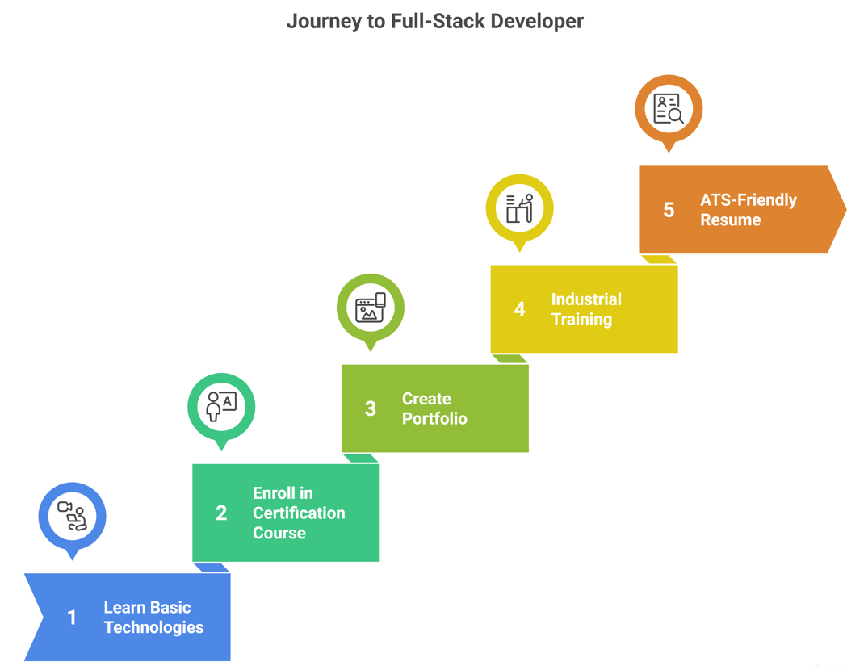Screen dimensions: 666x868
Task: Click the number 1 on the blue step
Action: [x=72, y=618]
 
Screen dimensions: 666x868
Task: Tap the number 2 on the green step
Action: [x=221, y=513]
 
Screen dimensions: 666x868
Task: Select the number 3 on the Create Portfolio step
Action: [x=370, y=408]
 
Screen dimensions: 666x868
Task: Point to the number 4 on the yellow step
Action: [x=519, y=309]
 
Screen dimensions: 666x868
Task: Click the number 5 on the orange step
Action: [x=669, y=210]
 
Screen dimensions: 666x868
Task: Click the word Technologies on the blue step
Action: [x=153, y=627]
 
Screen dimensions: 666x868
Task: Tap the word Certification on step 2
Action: [x=299, y=513]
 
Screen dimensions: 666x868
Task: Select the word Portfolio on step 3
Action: [x=434, y=418]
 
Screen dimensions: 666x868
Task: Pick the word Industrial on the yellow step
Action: [x=586, y=299]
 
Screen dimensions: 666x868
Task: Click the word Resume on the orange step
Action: [x=730, y=220]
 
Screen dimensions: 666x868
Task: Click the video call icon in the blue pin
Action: [x=72, y=515]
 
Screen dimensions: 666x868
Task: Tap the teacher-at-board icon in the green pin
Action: [x=221, y=406]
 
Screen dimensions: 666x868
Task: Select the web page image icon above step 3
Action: [x=370, y=307]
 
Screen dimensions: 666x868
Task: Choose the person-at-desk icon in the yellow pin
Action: [x=519, y=207]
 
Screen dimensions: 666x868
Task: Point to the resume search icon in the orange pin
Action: [x=669, y=108]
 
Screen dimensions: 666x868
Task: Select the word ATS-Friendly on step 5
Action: [x=748, y=200]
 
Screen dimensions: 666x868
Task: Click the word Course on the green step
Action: [x=279, y=533]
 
